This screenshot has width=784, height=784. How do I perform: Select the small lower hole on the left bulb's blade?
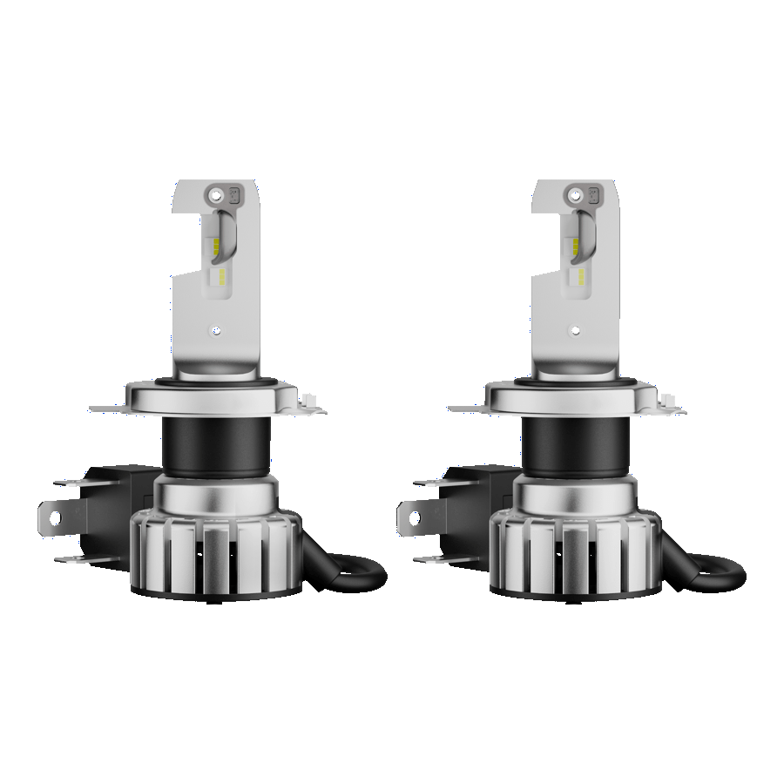pyautogui.click(x=217, y=331)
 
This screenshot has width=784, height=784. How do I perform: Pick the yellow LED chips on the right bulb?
pyautogui.click(x=578, y=261)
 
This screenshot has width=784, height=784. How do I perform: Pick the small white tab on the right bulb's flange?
pyautogui.click(x=667, y=401)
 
